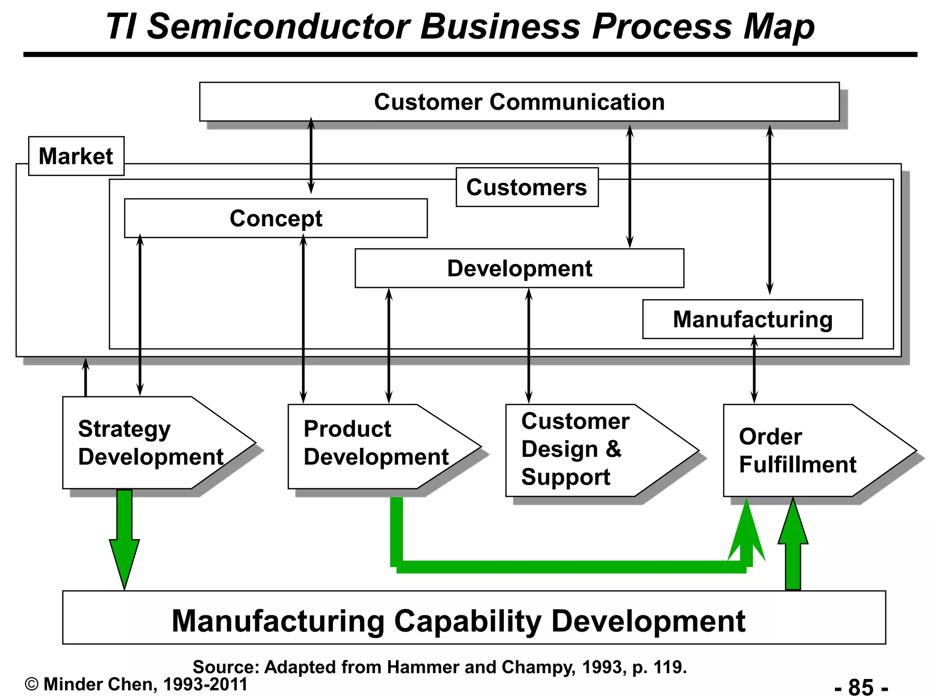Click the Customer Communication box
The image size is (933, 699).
coord(519,102)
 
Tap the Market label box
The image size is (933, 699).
coord(76,156)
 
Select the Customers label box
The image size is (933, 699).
coord(527,187)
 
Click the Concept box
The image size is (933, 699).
coord(276,218)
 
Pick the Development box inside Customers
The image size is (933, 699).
coord(519,268)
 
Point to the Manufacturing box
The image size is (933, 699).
coord(752,319)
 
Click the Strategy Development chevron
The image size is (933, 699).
coord(150,443)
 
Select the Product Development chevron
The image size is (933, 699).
coord(376,446)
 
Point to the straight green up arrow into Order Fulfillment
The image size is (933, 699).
coord(793,546)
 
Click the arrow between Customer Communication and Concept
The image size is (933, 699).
coord(311,155)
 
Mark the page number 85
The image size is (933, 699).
coord(861,687)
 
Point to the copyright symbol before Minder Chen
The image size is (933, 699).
coord(31,684)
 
